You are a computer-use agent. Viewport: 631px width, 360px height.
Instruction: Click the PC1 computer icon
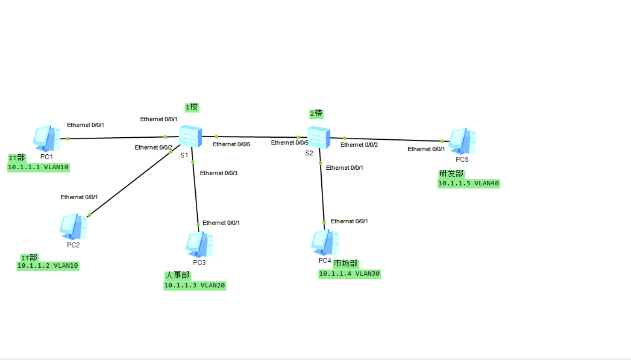pos(46,138)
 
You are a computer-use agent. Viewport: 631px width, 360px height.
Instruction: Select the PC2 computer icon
pos(73,227)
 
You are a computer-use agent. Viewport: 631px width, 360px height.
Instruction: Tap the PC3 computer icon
pos(199,244)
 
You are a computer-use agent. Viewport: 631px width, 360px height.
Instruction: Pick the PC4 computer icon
pos(324,242)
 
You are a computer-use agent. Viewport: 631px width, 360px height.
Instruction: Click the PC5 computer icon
pos(462,141)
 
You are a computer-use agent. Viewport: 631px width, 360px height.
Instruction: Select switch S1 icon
pos(190,136)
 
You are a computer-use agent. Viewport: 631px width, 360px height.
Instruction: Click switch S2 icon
pos(318,137)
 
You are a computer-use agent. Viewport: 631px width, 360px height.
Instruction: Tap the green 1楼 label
pos(192,107)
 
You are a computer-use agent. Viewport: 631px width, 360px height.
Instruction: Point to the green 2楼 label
pos(316,113)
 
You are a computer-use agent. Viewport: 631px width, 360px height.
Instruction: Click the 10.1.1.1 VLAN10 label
pos(38,167)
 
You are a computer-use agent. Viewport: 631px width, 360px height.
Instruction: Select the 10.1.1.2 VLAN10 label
pos(47,266)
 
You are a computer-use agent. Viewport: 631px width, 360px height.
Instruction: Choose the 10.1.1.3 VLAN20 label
pos(194,285)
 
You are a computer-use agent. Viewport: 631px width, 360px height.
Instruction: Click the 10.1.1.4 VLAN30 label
pos(349,274)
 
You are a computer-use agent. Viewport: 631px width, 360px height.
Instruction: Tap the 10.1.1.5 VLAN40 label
pos(468,183)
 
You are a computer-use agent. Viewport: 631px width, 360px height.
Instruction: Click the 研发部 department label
pos(451,173)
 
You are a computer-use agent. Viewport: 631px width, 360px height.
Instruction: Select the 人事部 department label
pos(177,275)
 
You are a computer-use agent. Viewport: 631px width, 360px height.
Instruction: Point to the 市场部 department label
pos(346,263)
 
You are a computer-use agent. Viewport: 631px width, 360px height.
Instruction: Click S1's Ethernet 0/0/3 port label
pos(218,173)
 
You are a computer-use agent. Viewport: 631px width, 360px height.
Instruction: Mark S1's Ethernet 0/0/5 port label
pos(231,145)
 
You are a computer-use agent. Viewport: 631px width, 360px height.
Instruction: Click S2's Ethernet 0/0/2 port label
pos(359,145)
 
